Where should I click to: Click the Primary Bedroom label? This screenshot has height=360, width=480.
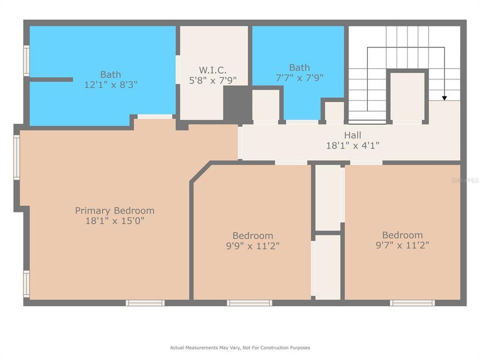coord(114,210)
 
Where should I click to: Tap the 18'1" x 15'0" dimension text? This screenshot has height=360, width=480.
coord(114,221)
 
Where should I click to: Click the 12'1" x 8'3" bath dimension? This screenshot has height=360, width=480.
coord(110,85)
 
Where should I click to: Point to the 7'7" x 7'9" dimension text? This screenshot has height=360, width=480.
coord(299,78)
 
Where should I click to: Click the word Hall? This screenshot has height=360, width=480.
coord(352,135)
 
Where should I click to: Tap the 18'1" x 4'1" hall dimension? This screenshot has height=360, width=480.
coord(352,145)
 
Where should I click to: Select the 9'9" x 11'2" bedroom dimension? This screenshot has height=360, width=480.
coord(252,246)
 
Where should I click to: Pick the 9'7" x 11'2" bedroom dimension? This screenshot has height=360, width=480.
coord(402,245)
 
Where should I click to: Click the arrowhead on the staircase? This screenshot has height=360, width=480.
coord(444,97)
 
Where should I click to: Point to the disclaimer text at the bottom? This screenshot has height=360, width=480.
coord(240,347)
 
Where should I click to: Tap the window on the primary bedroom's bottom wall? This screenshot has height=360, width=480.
coord(145,302)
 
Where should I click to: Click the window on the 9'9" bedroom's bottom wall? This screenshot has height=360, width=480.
coord(249,302)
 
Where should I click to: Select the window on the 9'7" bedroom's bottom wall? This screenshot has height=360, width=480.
coord(412,302)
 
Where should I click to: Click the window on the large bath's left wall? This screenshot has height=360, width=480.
coord(26,60)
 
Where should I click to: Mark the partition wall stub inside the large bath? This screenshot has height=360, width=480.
coord(50,79)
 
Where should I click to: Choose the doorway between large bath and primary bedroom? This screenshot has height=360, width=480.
coord(155,116)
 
